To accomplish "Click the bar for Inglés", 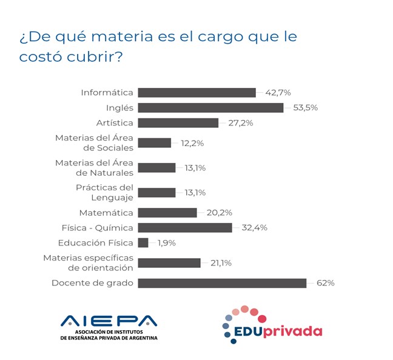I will (210, 108).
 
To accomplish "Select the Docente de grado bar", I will (222, 283).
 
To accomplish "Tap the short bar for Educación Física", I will (143, 243).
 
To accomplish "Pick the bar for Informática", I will (196, 93).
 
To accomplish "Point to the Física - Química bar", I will (185, 228).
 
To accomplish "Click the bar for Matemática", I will (167, 213).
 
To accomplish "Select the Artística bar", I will (178, 123).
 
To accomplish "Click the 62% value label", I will (325, 283).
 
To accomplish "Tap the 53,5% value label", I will (305, 108).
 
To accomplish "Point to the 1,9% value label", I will (167, 243).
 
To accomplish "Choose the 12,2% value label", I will (192, 143).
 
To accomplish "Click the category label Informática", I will (107, 93).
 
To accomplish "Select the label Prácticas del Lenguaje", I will (104, 193).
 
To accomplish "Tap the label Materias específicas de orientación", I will (88, 263).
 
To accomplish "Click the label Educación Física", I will (95, 243).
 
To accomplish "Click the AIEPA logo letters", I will (109, 321).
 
